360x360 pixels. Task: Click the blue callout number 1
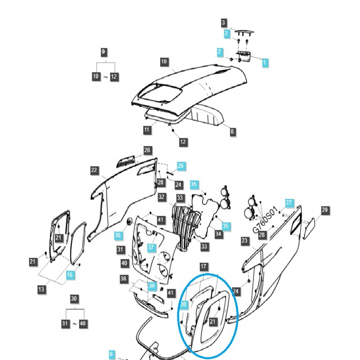click(x=265, y=63)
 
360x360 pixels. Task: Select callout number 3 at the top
click(x=224, y=22)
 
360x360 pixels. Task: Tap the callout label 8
click(x=232, y=132)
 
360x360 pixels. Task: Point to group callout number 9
click(x=103, y=52)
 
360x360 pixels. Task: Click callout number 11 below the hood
click(x=147, y=130)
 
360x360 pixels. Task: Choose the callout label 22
click(x=94, y=171)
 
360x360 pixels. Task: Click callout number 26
click(x=147, y=150)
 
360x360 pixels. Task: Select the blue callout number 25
click(x=180, y=166)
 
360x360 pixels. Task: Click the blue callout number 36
click(x=118, y=235)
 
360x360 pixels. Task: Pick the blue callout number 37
click(x=151, y=247)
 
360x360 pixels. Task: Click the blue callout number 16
click(x=70, y=275)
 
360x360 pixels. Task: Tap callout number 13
click(x=41, y=289)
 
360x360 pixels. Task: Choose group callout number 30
click(x=75, y=298)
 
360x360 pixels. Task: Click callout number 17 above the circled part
click(x=203, y=267)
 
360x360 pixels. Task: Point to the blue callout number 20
click(x=183, y=305)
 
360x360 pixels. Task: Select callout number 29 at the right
click(x=325, y=210)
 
